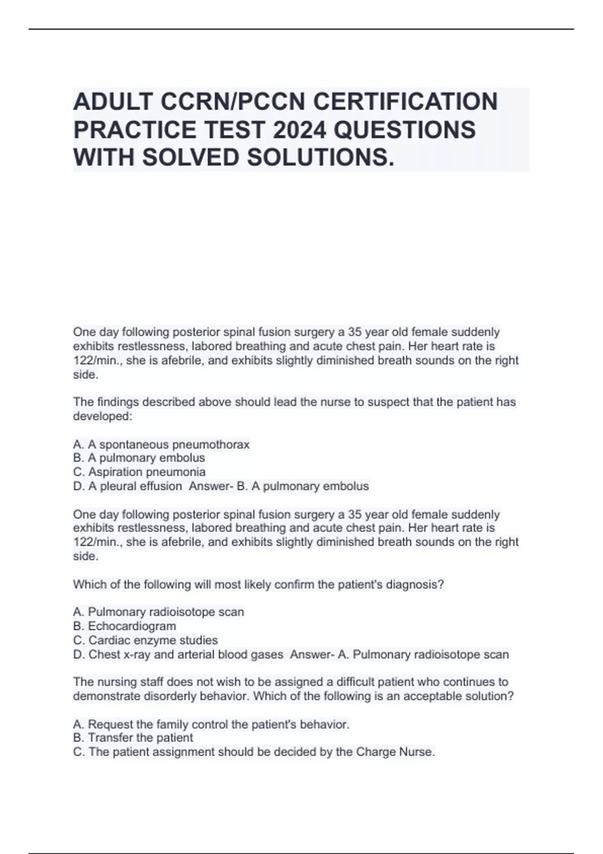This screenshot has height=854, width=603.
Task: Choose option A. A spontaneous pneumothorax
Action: (161, 445)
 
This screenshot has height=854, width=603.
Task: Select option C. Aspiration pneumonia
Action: (139, 472)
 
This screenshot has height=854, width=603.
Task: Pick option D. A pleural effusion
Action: (128, 486)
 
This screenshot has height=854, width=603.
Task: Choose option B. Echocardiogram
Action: (125, 626)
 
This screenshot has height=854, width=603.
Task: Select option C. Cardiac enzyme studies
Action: (145, 640)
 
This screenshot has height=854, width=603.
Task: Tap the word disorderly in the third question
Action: (169, 696)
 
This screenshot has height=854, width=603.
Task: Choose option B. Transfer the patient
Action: (133, 738)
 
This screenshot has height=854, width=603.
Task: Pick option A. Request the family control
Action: (211, 724)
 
